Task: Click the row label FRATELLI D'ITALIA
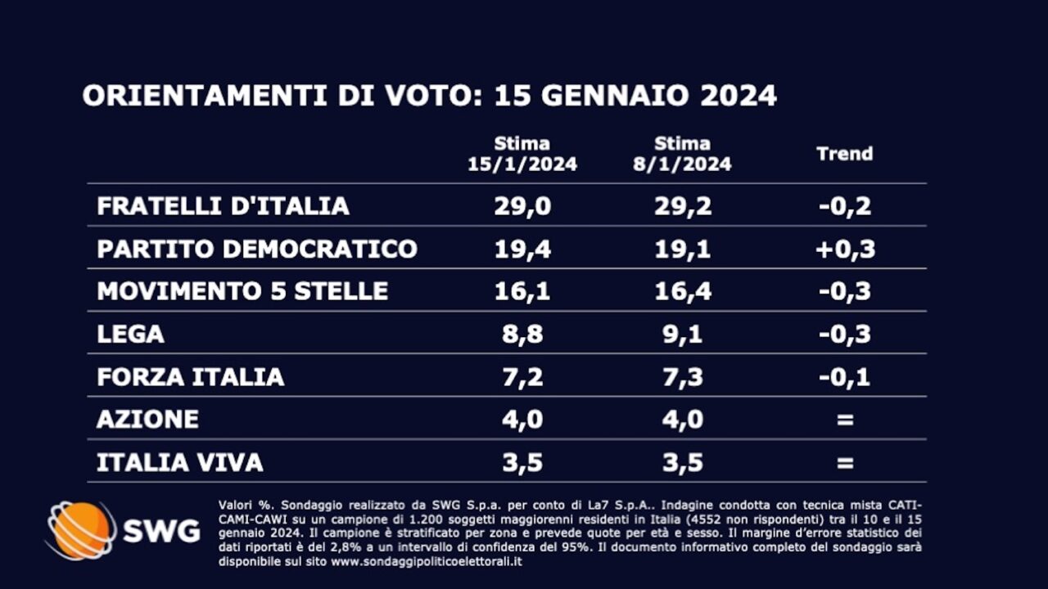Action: click(x=223, y=205)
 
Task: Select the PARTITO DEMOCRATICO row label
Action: click(x=257, y=249)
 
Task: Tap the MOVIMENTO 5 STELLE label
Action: click(x=242, y=291)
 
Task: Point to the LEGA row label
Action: click(x=131, y=334)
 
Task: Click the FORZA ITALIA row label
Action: click(x=191, y=376)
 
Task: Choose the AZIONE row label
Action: click(x=148, y=419)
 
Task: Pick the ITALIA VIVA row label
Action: click(x=180, y=462)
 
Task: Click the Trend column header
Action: click(x=845, y=154)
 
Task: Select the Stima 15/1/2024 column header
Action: click(x=522, y=154)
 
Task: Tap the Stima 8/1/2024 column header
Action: click(x=682, y=154)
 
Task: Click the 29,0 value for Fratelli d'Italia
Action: click(x=522, y=205)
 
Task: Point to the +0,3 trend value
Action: click(x=845, y=249)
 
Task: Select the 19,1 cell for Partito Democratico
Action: click(x=683, y=249)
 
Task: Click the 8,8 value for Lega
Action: click(x=522, y=334)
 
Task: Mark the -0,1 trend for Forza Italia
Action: click(x=845, y=376)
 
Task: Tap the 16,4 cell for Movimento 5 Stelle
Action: click(x=683, y=291)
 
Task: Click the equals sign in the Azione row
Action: click(x=845, y=420)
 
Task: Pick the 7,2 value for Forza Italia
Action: click(x=522, y=376)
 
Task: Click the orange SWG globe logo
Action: click(x=81, y=530)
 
